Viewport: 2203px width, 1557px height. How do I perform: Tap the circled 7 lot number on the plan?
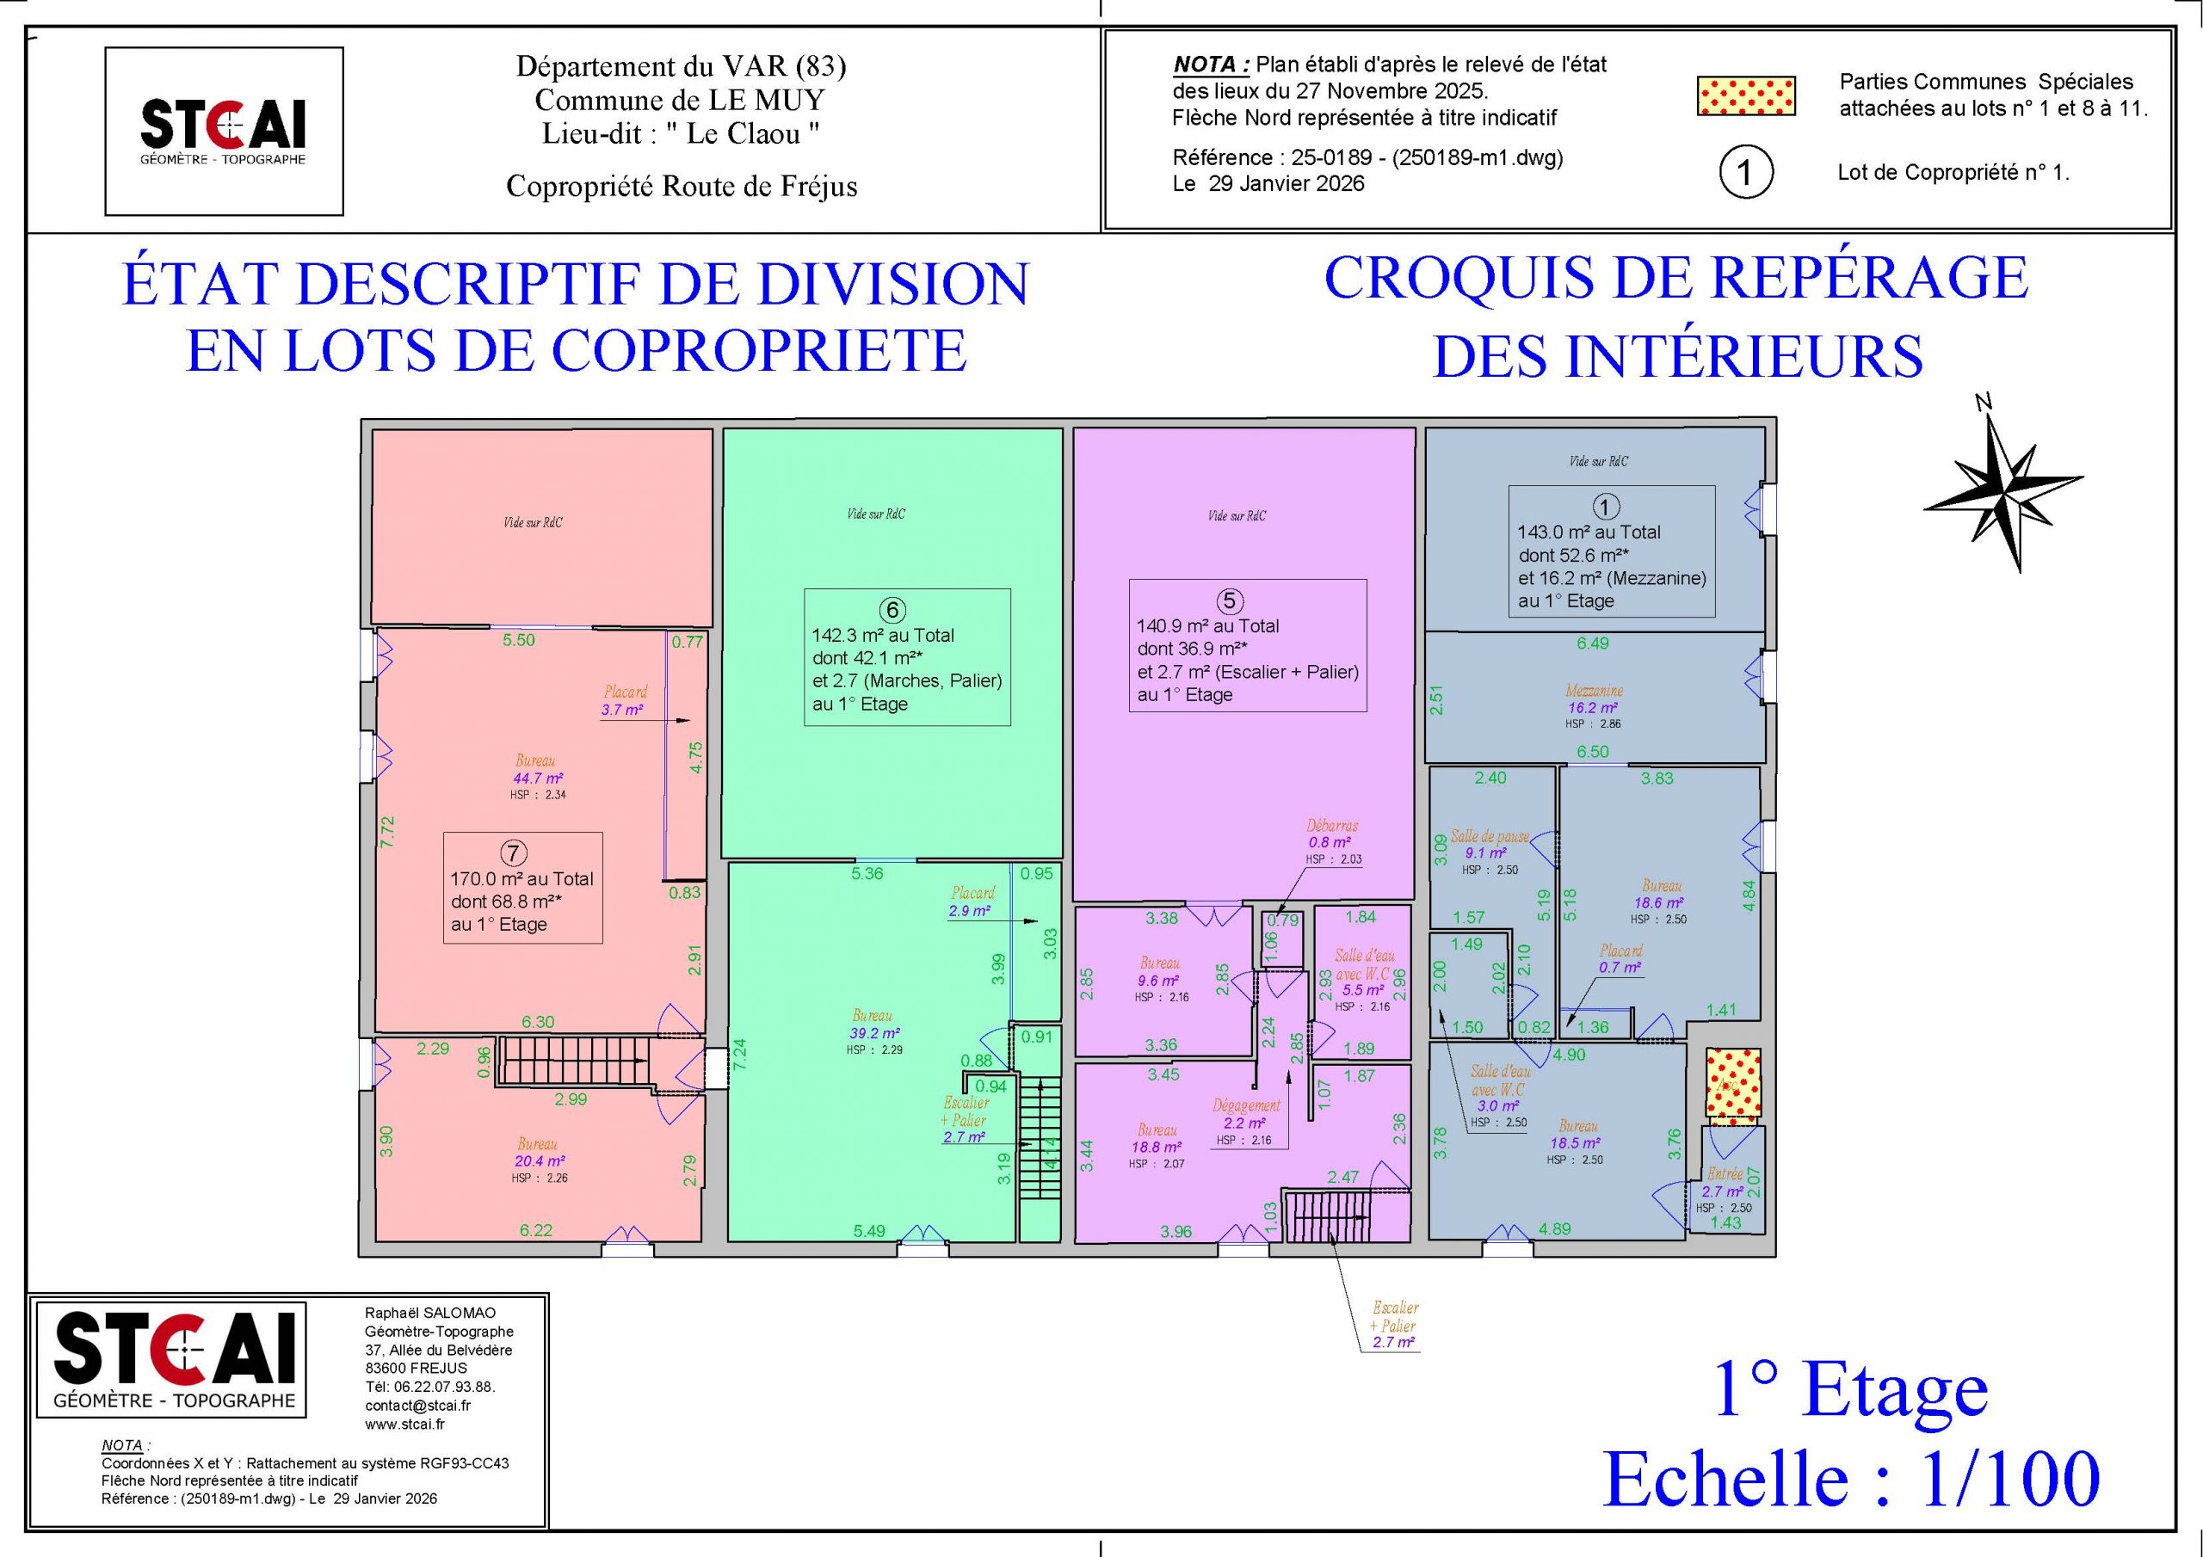[x=514, y=852]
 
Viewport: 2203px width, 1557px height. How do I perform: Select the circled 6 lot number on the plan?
[x=892, y=610]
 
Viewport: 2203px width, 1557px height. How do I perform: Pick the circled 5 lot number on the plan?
[x=1229, y=601]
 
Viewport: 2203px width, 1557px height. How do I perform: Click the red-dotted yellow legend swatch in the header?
[x=1745, y=96]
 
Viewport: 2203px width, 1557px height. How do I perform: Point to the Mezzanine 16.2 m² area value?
[x=1594, y=708]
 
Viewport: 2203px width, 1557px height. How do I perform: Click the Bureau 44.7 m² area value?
[x=539, y=778]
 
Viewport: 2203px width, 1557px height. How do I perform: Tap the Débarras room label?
[x=1332, y=825]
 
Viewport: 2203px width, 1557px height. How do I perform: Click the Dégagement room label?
[x=1246, y=1105]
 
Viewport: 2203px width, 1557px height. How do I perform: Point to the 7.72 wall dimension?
[x=387, y=831]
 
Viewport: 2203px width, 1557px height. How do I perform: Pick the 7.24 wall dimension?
[x=739, y=1055]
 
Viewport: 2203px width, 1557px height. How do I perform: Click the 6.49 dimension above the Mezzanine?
[x=1593, y=643]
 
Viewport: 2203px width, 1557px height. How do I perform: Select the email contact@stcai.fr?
[x=417, y=1406]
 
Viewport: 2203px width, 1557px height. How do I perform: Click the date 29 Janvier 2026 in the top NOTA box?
[x=1286, y=183]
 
